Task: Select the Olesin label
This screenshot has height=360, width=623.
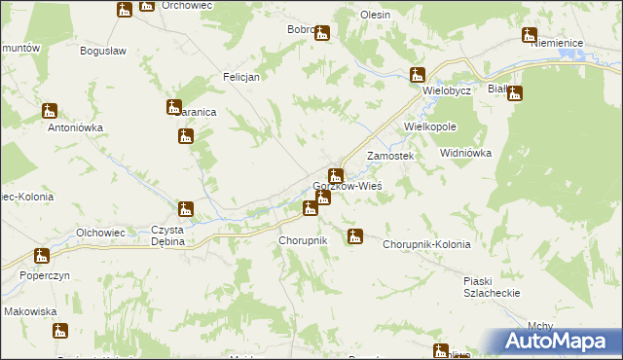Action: pos(375,16)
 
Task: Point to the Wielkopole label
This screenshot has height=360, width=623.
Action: pos(430,126)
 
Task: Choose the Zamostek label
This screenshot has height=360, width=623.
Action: pos(390,156)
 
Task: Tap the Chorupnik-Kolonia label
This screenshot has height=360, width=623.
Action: pos(426,244)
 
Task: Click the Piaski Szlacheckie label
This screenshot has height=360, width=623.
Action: pos(492,286)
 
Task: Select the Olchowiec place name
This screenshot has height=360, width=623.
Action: pos(101,233)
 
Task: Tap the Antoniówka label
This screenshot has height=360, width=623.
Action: pos(76,126)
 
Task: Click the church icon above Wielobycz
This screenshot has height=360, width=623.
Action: pos(418,74)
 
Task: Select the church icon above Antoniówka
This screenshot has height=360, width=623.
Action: pos(50,112)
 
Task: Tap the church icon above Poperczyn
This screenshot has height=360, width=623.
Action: pos(41,257)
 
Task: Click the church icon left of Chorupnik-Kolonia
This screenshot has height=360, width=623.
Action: pos(355,235)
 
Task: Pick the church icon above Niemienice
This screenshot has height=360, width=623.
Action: pos(529,36)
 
